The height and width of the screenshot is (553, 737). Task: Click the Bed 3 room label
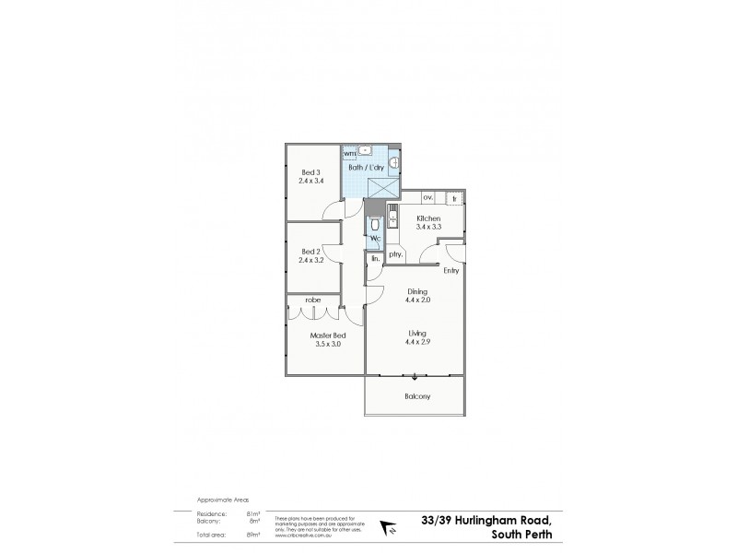tap(311, 172)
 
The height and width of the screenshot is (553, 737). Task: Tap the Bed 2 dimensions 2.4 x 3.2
tap(312, 261)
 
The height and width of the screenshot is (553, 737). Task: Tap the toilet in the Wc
tap(374, 225)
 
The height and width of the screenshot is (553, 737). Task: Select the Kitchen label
tap(428, 218)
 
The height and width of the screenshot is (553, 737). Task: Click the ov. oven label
tap(427, 197)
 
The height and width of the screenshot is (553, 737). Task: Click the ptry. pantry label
tap(396, 253)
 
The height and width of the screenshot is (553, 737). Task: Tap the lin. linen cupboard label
tap(375, 259)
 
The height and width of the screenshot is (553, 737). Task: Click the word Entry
tap(450, 271)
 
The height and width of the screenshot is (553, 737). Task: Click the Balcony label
tap(417, 397)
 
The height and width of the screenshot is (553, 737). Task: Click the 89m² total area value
tap(253, 534)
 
